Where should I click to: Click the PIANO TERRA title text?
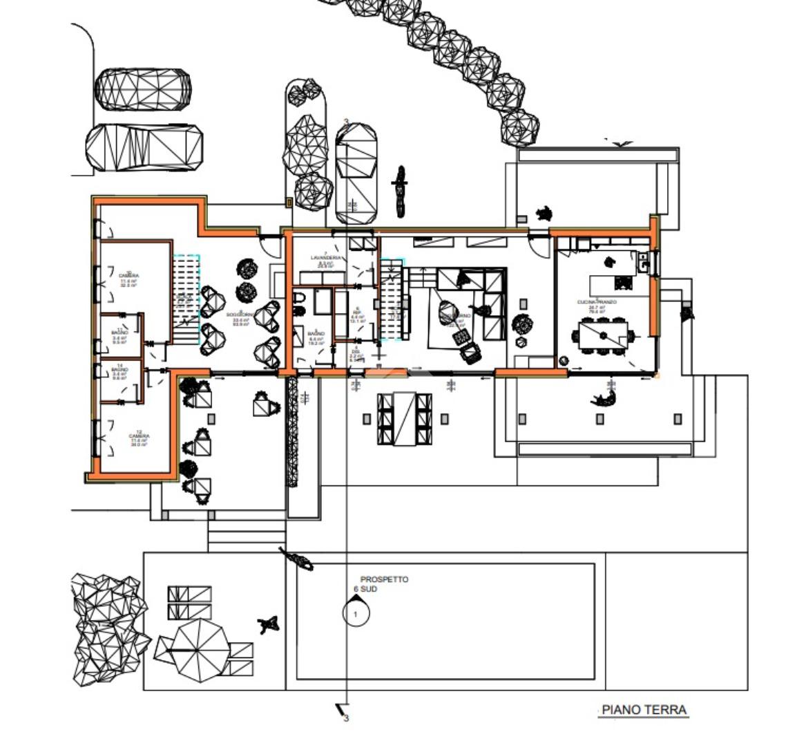[644, 710]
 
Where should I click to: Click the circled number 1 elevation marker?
[356, 613]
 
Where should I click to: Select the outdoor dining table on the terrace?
[405, 418]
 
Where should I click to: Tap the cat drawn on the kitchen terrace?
[604, 398]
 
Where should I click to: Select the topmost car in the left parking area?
[144, 89]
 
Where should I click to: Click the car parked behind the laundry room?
[356, 173]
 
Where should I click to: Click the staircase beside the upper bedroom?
[186, 299]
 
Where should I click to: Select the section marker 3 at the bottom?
[343, 713]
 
